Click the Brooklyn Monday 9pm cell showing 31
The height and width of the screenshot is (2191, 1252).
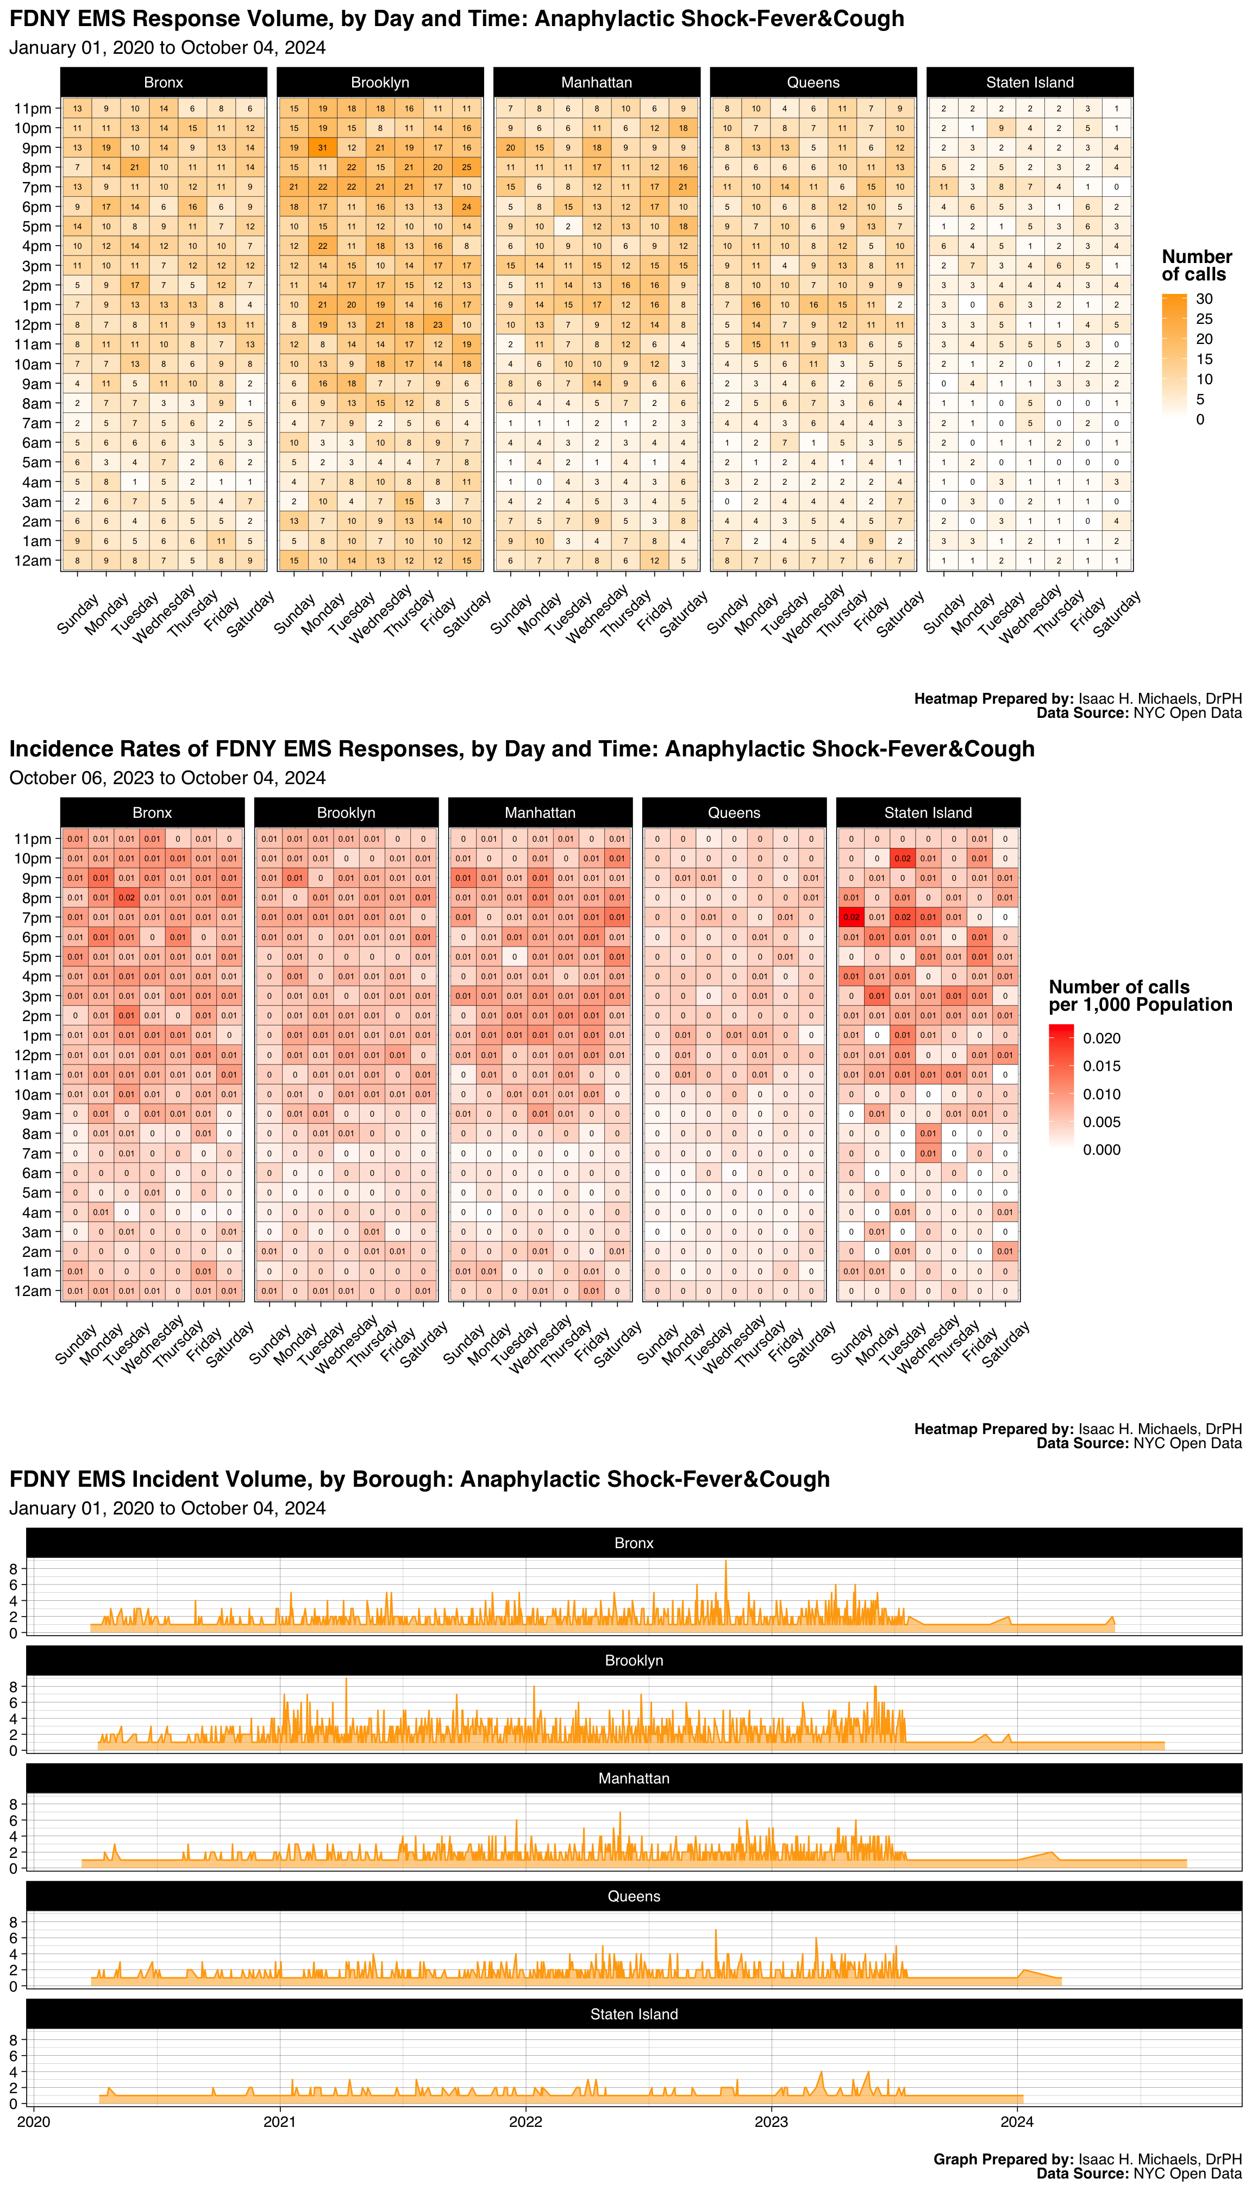point(322,148)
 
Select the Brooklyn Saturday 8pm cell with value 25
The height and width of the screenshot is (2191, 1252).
point(467,168)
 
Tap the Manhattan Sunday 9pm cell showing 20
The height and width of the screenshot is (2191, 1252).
point(510,148)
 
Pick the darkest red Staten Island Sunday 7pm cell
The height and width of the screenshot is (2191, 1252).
point(852,917)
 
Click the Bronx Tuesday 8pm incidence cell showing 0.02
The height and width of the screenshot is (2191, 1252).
point(127,898)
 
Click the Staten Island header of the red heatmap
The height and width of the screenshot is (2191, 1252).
point(928,812)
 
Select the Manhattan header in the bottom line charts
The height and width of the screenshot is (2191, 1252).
point(634,1778)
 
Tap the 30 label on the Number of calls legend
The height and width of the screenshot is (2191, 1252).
point(1204,299)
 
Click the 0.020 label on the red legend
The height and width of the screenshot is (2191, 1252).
point(1101,1039)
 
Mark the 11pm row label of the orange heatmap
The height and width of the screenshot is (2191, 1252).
point(33,108)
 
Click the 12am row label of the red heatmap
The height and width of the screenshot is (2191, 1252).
point(33,1291)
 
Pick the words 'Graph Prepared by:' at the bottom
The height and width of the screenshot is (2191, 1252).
point(1003,2159)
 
